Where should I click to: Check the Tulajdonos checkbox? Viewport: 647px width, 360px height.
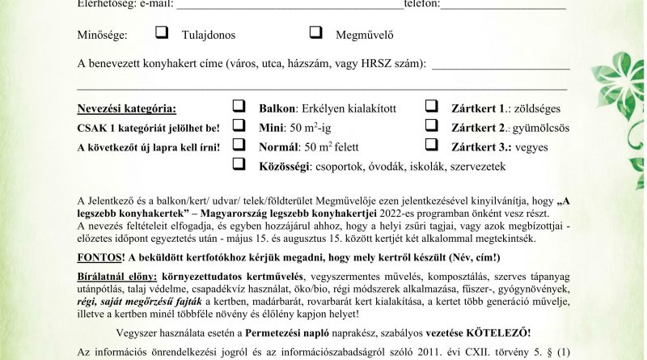162,33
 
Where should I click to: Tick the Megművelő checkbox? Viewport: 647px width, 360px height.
317,33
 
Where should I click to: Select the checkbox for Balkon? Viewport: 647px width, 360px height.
239,106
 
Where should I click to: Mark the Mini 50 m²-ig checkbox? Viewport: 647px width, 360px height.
239,125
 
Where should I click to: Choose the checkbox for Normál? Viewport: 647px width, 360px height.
239,145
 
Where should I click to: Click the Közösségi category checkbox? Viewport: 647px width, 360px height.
239,164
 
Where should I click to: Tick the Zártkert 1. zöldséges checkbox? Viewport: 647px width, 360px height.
432,106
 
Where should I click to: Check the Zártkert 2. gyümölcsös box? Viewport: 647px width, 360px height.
432,125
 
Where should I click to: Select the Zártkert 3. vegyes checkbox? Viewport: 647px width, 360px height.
432,145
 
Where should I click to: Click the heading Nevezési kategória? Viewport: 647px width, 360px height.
125,108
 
